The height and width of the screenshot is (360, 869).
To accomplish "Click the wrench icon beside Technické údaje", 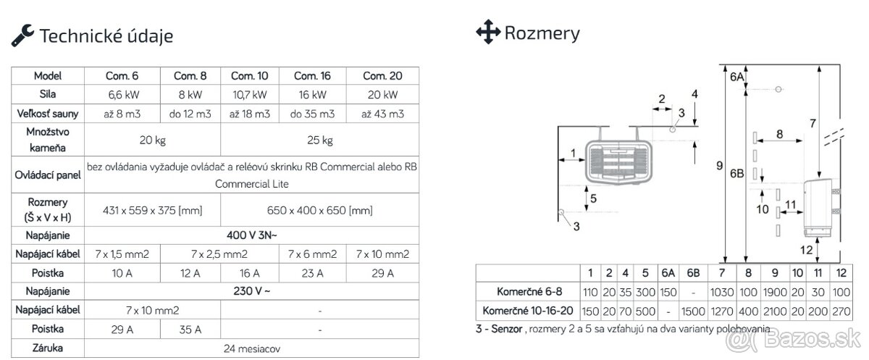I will coord(22,33).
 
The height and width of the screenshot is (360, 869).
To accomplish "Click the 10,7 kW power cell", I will coord(249,95).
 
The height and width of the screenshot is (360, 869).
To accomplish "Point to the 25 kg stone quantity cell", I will coord(316,140).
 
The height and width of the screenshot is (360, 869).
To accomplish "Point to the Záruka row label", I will coord(49,348).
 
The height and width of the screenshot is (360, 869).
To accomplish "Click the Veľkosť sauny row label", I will coord(49,114).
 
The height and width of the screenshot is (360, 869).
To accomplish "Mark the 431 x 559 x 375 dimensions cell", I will coord(152,210).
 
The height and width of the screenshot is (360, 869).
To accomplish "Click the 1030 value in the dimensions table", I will coord(722,293).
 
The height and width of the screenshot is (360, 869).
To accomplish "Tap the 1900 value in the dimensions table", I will coord(775,293).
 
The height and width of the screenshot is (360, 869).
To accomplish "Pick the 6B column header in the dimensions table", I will coord(693,273).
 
